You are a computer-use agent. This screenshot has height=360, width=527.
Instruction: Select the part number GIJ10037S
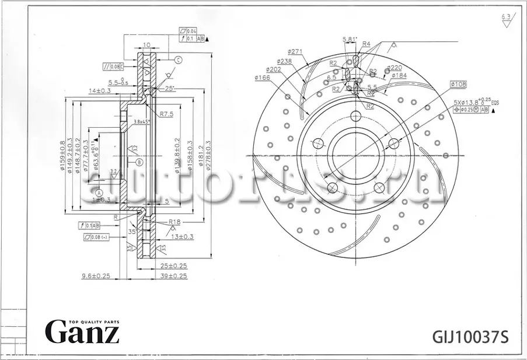coord(470,337)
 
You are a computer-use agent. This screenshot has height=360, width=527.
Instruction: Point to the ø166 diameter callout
coord(263,77)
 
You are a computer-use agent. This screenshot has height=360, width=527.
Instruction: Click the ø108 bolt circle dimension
coord(458,85)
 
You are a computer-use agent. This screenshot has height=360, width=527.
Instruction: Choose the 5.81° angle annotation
coord(350,39)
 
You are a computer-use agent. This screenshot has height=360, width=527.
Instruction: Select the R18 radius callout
coord(173,222)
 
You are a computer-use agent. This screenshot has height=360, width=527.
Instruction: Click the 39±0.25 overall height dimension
coord(174,276)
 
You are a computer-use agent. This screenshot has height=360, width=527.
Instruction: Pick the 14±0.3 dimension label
coord(100,90)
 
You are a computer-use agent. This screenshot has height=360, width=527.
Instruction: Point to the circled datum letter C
coord(179,60)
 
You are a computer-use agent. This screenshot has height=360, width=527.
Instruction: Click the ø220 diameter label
coord(395,68)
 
